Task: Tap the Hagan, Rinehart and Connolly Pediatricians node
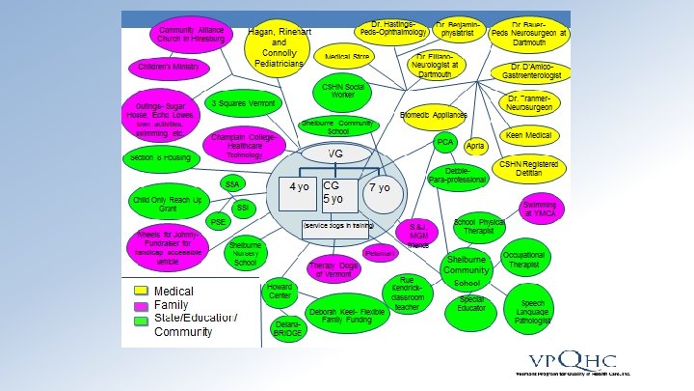pyautogui.click(x=278, y=46)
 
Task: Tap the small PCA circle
pyautogui.click(x=445, y=142)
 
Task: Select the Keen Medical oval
pyautogui.click(x=527, y=135)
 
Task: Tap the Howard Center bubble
pyautogui.click(x=280, y=293)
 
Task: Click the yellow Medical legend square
pyautogui.click(x=140, y=291)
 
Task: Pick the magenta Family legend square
pyautogui.click(x=140, y=305)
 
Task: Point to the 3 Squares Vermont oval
pyautogui.click(x=237, y=103)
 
